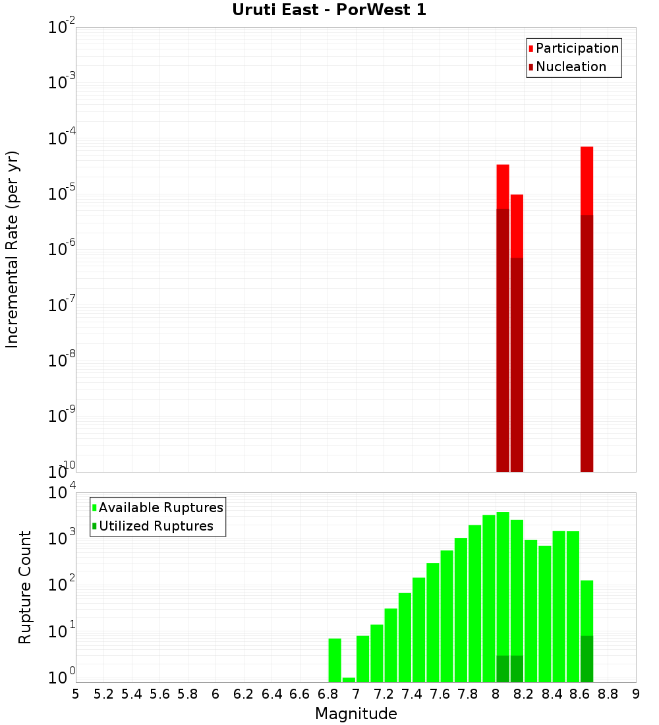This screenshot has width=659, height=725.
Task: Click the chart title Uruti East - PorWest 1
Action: tap(329, 10)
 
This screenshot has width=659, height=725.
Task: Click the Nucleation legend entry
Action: tap(571, 67)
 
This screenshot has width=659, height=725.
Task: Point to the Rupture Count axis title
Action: tap(25, 587)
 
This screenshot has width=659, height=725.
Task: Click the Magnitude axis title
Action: tap(356, 714)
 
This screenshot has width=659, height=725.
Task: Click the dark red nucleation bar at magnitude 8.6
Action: tap(587, 343)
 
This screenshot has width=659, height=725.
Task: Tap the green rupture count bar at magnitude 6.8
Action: tap(335, 660)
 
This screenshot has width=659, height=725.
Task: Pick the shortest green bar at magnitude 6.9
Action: tap(349, 680)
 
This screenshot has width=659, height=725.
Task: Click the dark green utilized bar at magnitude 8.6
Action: tap(587, 658)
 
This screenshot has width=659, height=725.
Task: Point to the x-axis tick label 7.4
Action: tap(412, 694)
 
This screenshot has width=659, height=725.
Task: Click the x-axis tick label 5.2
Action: tap(103, 694)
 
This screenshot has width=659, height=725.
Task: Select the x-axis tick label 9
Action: tap(636, 694)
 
